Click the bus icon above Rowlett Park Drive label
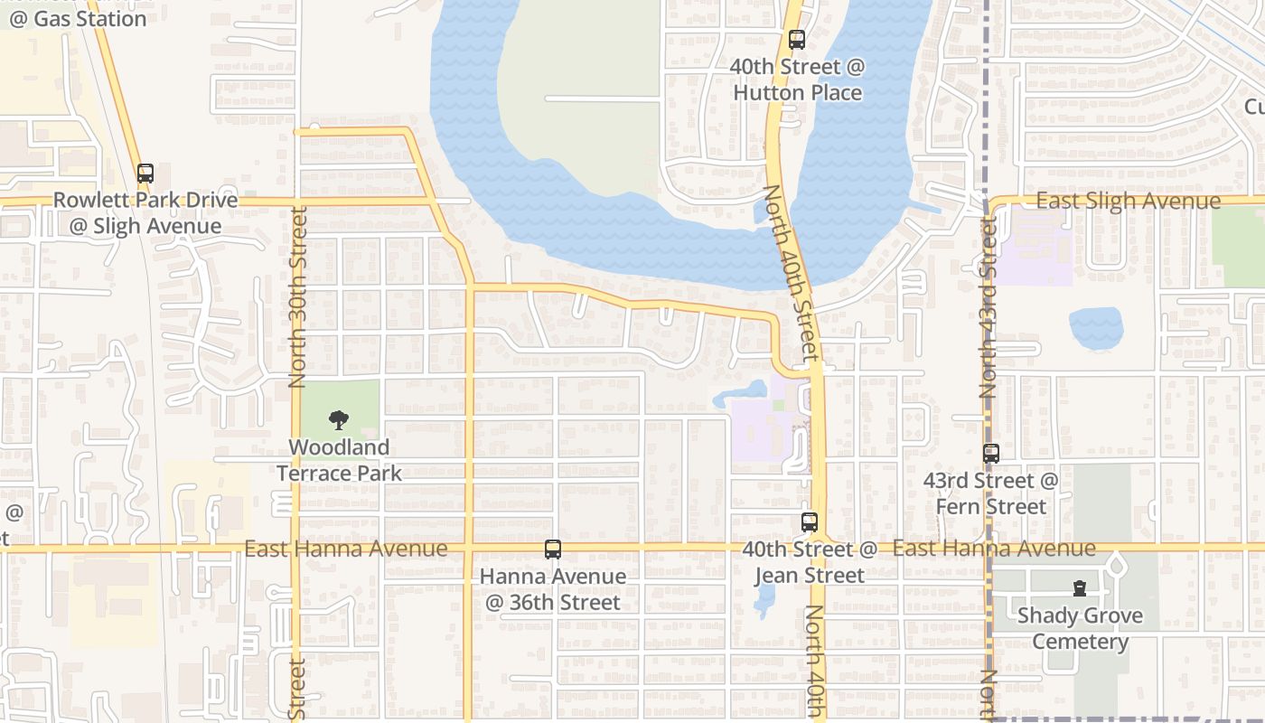(145, 173)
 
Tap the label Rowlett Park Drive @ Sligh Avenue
(145, 213)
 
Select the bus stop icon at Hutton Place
(796, 39)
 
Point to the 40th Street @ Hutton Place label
(797, 80)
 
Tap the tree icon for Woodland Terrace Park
(339, 419)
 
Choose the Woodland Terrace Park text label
(339, 460)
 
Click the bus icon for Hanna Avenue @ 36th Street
(552, 549)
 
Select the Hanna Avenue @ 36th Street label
(552, 589)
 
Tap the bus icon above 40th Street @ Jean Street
(809, 521)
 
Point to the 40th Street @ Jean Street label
(810, 562)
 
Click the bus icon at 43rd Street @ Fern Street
(991, 453)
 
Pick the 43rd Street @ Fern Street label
(990, 493)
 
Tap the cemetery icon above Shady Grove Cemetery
(1079, 588)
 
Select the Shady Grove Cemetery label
(1080, 629)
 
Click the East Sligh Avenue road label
(1128, 201)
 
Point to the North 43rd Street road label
(988, 307)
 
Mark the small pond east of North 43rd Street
(1095, 328)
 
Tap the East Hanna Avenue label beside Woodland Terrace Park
(345, 549)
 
